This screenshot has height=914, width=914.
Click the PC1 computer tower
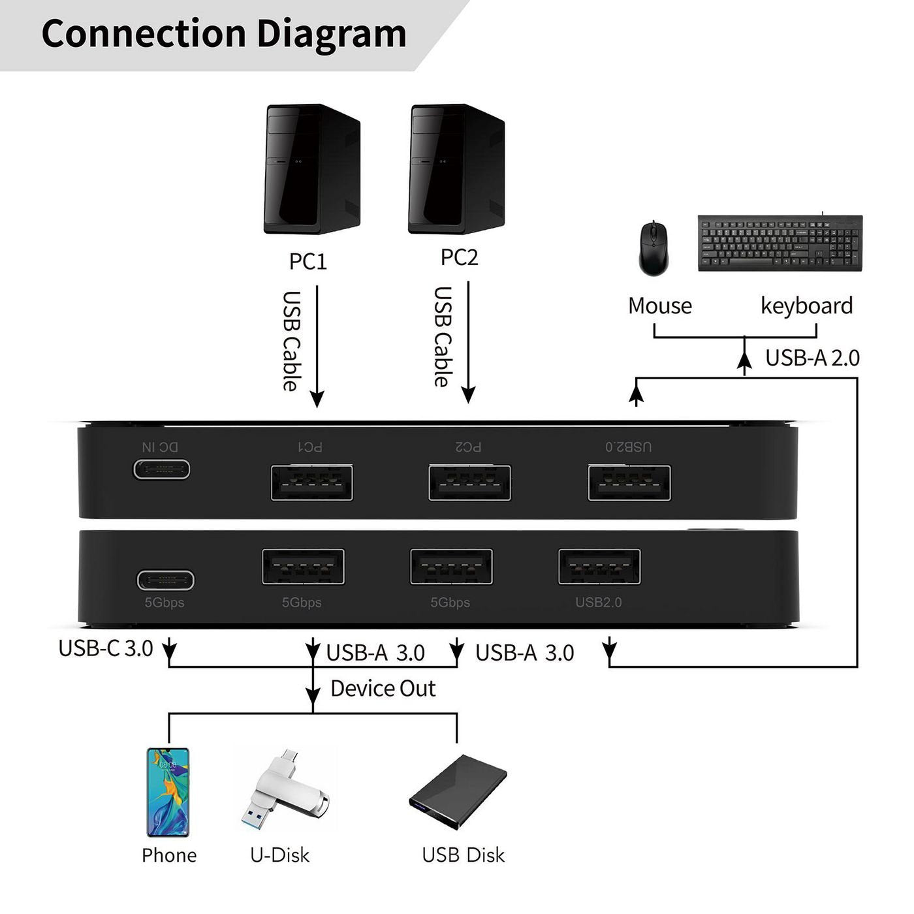click(311, 169)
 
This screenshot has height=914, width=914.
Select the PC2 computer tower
click(456, 169)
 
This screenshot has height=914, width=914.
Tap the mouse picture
click(654, 249)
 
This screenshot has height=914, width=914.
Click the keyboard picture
click(780, 243)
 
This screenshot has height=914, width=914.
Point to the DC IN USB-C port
click(162, 469)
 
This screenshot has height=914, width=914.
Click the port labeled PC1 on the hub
click(312, 483)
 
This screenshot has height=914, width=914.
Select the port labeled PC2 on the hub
click(469, 483)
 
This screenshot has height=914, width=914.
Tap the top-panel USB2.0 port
click(629, 483)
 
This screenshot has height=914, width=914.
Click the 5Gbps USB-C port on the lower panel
click(165, 580)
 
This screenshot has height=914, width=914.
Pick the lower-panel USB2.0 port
click(599, 567)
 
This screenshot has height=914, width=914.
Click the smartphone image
click(168, 792)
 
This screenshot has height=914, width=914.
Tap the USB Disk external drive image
click(458, 792)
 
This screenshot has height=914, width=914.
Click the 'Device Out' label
click(383, 688)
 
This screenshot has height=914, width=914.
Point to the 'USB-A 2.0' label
click(812, 358)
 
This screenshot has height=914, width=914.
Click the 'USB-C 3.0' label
click(106, 648)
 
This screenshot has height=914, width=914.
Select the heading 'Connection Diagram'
click(224, 34)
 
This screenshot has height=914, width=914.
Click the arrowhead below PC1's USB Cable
click(317, 399)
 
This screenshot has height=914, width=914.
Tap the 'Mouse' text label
click(659, 306)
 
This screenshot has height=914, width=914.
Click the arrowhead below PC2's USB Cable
click(468, 394)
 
